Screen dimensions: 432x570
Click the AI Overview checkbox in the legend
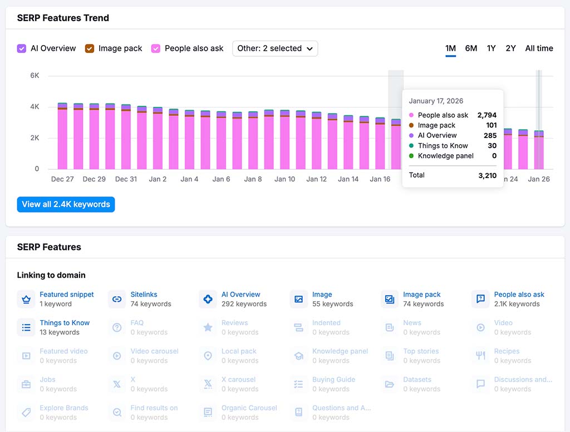click(x=22, y=48)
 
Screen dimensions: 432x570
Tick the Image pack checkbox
click(x=90, y=48)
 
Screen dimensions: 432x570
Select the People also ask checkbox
click(x=156, y=48)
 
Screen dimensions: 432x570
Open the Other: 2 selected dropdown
click(x=275, y=48)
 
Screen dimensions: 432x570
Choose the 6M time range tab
click(x=471, y=48)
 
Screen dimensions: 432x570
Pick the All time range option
click(x=539, y=48)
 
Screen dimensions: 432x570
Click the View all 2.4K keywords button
click(x=66, y=204)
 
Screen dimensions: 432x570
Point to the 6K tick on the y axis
click(x=35, y=75)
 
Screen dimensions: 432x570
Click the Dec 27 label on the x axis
click(x=62, y=179)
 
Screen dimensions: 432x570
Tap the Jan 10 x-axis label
click(x=284, y=179)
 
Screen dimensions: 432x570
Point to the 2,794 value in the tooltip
click(x=487, y=115)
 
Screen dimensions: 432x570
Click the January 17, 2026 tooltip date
click(x=436, y=101)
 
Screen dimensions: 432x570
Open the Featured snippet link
click(x=67, y=294)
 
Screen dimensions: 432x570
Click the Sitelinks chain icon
click(x=117, y=299)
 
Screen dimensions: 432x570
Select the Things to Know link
click(x=65, y=323)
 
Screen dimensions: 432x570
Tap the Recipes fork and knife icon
click(x=480, y=356)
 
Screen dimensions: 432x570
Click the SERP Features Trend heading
click(x=63, y=18)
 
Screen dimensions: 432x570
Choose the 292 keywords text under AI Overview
click(x=244, y=304)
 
